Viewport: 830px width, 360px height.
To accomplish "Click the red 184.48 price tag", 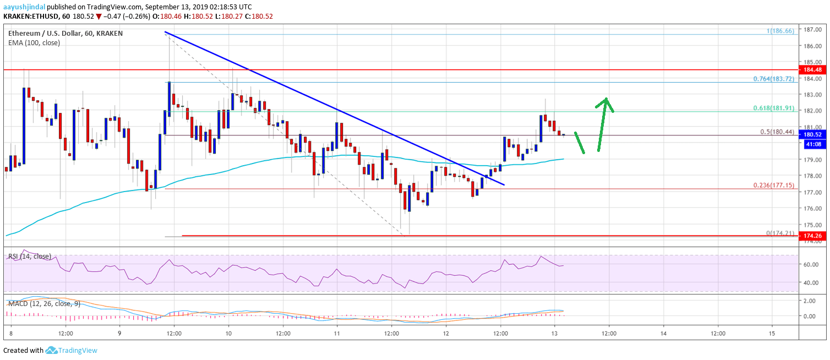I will [813, 69].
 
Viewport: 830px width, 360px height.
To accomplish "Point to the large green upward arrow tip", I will [606, 99].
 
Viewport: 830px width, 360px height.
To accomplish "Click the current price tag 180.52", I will [813, 134].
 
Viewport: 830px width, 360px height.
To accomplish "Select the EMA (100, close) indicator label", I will [34, 42].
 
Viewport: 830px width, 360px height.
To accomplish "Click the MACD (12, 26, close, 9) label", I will [42, 303].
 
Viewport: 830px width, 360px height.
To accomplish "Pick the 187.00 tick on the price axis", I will [813, 30].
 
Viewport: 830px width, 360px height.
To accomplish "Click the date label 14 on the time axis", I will [663, 334].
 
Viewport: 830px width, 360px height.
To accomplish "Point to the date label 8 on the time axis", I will [12, 334].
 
